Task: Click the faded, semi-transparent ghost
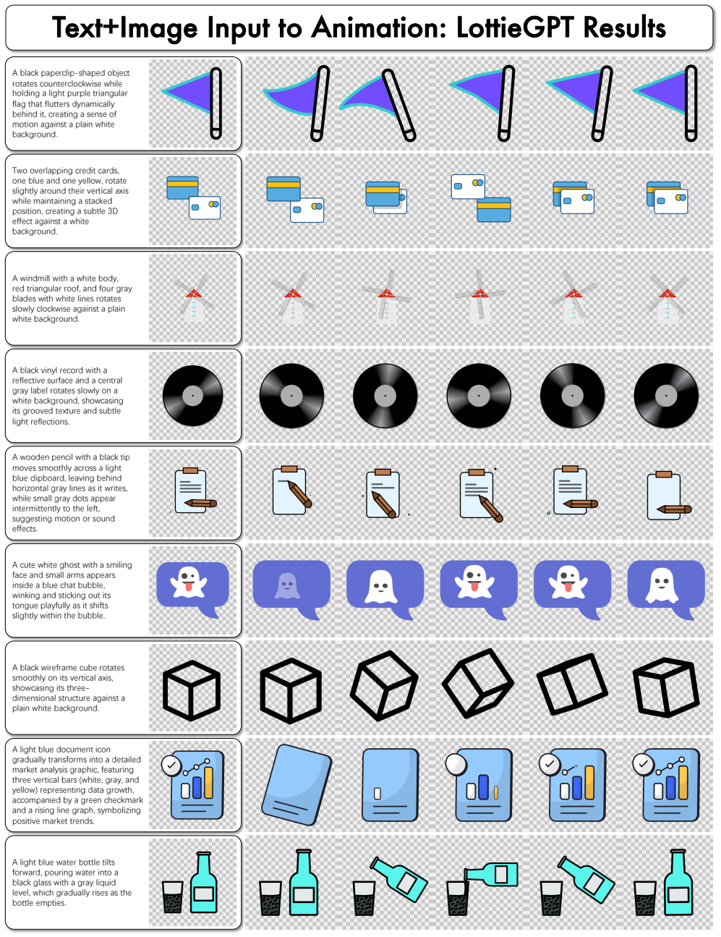point(286,585)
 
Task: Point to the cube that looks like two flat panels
point(572,684)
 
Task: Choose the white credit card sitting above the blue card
point(468,186)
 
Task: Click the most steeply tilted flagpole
point(398,105)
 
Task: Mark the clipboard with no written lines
point(664,496)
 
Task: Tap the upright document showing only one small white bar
point(391,784)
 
